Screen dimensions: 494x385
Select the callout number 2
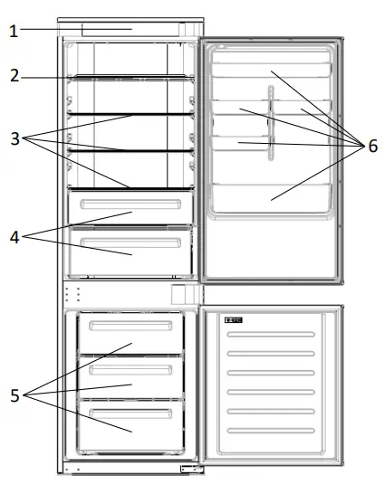(x=13, y=77)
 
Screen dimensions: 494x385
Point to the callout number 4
(x=13, y=238)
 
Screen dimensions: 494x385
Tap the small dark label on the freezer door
(x=241, y=319)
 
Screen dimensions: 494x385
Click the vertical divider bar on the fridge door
(x=268, y=122)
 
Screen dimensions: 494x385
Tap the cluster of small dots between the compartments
(x=77, y=294)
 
